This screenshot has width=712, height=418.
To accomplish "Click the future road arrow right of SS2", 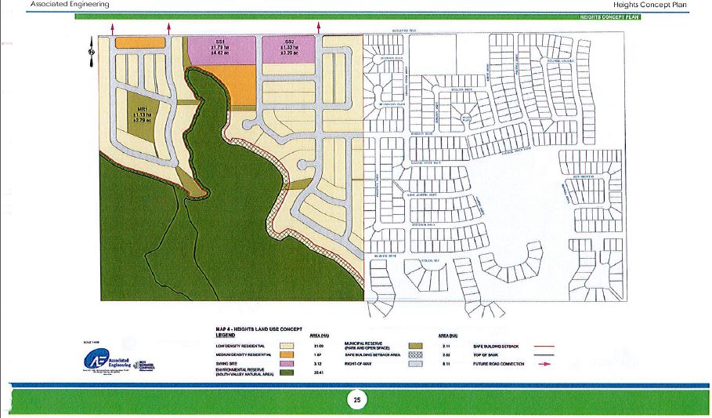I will pos(319,27).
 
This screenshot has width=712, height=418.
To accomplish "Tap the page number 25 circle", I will pos(356,400).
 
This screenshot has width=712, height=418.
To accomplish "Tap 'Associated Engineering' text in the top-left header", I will pos(69,5).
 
